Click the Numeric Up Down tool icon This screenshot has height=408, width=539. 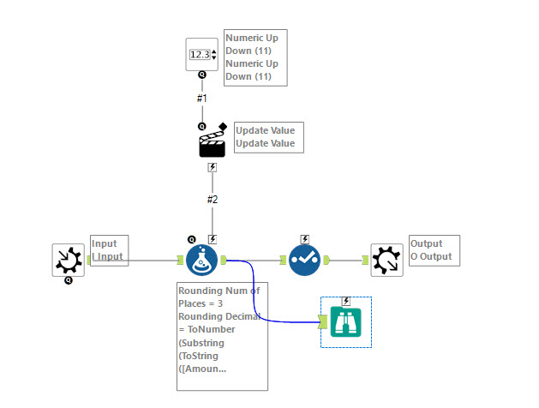point(202,55)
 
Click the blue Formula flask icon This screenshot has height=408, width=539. point(202,260)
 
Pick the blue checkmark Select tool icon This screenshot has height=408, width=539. point(304,260)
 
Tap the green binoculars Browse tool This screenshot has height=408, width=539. point(346,322)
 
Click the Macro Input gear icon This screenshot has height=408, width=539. point(69,260)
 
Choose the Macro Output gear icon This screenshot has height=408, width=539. point(387,260)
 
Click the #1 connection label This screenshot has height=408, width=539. point(202,99)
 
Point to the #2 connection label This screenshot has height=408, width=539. point(213,200)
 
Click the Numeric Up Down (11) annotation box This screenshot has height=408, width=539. point(255,57)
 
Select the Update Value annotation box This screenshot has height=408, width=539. point(269,137)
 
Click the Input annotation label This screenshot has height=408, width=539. point(109,250)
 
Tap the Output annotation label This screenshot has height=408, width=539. point(434,250)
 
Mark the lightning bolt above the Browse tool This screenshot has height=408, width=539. point(346,301)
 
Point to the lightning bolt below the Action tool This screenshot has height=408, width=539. point(213,168)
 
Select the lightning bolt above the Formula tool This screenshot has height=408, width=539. point(213,239)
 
